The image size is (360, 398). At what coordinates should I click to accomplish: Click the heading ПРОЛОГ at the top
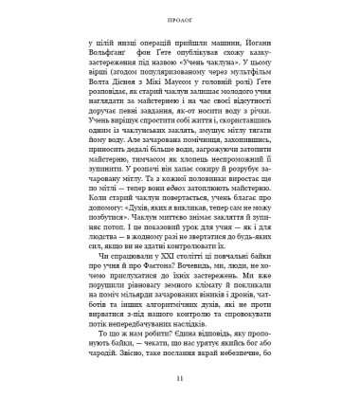tap(180, 16)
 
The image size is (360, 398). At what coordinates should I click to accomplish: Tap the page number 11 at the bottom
tap(180, 380)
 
